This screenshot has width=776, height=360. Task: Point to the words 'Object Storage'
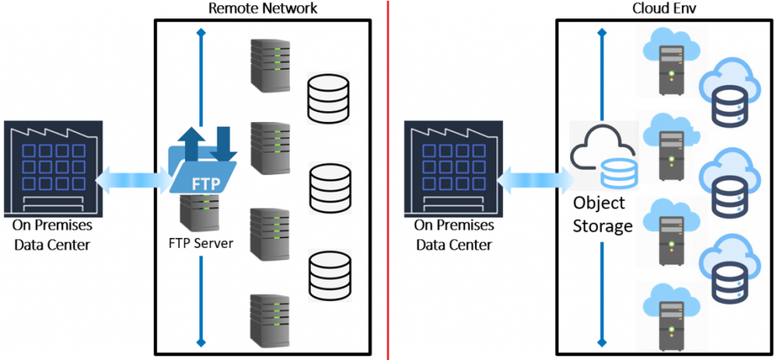pyautogui.click(x=602, y=215)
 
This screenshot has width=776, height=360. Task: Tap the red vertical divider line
pyautogui.click(x=388, y=179)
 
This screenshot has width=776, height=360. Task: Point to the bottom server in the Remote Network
pyautogui.click(x=266, y=319)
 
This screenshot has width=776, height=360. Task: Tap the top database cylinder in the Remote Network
pyautogui.click(x=330, y=97)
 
